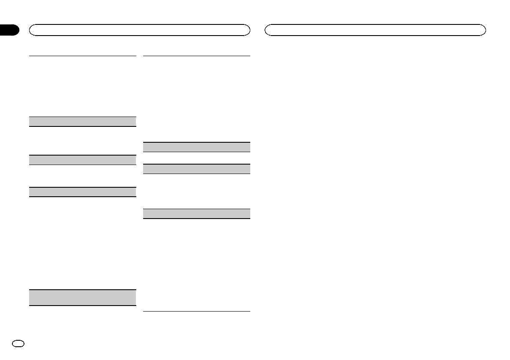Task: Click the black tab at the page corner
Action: pos(9,30)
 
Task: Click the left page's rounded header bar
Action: pos(139,30)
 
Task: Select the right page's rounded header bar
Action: pos(375,30)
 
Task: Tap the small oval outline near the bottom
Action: pos(20,343)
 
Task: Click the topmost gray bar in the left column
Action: pos(83,121)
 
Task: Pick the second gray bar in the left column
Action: pos(83,160)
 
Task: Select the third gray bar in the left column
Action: pos(83,192)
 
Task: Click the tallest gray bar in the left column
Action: pos(83,297)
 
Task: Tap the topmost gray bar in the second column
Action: pos(196,147)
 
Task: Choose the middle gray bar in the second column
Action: pos(196,169)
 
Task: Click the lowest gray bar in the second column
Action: pos(196,213)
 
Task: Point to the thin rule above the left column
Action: pos(83,56)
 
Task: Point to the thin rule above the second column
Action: pos(196,56)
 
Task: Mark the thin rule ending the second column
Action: pos(196,311)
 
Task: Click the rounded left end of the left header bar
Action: pos(31,30)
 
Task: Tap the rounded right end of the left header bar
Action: pos(247,30)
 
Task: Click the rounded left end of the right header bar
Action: pos(267,30)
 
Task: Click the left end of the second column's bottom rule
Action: pos(144,311)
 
